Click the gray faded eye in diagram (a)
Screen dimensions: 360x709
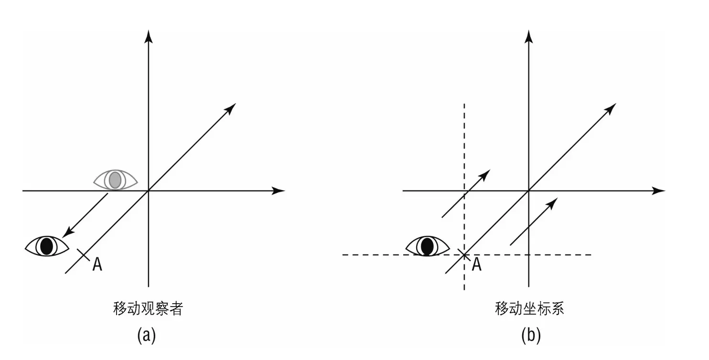[115, 180]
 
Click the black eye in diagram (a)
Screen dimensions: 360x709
[46, 245]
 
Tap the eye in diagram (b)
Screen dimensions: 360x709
[427, 246]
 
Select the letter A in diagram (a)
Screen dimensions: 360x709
[97, 265]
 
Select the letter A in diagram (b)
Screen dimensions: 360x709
[476, 264]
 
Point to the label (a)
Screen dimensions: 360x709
[147, 335]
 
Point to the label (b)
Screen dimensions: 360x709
[531, 335]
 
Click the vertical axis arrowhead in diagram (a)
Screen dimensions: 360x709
[149, 36]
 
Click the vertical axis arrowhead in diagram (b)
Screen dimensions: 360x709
[528, 36]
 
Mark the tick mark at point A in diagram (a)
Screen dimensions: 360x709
[83, 254]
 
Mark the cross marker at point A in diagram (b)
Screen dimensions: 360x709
[463, 254]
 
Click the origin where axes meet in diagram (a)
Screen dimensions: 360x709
[149, 191]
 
